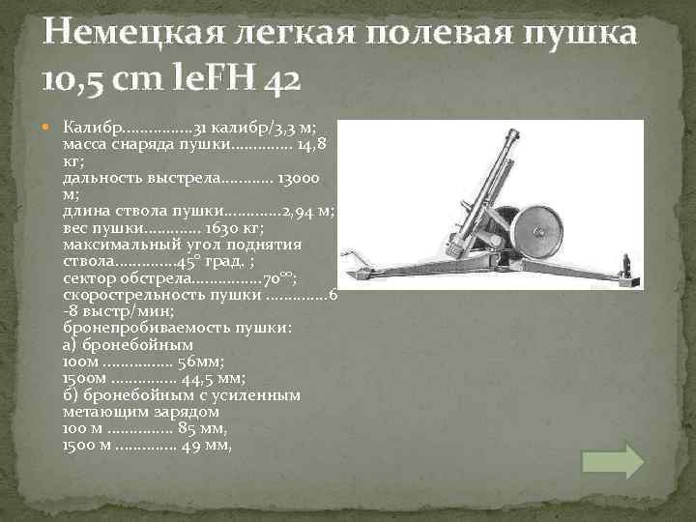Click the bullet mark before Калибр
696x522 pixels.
click(52, 128)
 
